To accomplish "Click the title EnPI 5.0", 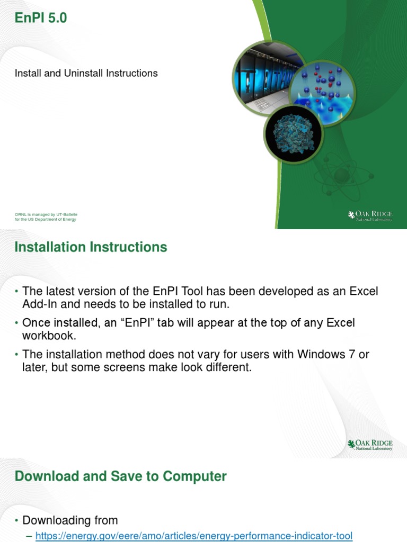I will (x=41, y=19).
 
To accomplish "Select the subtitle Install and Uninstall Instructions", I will (x=86, y=73).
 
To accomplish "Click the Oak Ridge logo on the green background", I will (x=370, y=215).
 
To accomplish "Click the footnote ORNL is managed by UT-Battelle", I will (x=46, y=214).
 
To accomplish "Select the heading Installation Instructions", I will (x=91, y=247).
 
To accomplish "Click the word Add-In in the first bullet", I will (x=40, y=304).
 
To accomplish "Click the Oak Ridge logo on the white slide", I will (x=370, y=444).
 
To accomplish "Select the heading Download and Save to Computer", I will (x=120, y=476).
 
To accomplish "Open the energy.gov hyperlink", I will (x=193, y=536).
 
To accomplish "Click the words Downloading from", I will (x=70, y=520).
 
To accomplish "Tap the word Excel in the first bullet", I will (x=359, y=291).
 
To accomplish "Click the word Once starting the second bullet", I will (x=36, y=323).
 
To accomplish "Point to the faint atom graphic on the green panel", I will (x=339, y=175).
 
